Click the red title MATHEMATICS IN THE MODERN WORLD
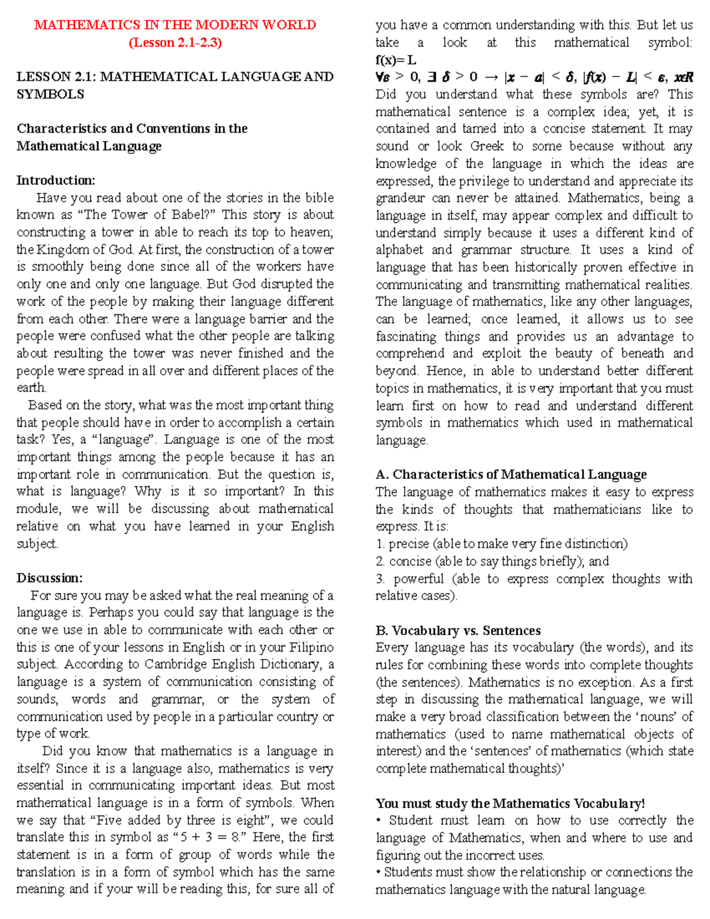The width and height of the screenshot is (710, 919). click(x=175, y=25)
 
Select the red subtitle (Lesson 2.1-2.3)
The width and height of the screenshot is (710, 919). click(x=175, y=43)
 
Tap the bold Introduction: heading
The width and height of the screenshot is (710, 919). click(x=56, y=180)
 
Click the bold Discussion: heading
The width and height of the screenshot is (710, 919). click(x=50, y=578)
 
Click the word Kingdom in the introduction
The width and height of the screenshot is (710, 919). click(x=62, y=250)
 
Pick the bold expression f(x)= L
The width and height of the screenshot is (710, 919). click(x=396, y=60)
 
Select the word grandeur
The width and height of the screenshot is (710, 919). click(x=400, y=198)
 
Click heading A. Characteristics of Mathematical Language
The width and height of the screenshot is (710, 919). click(x=511, y=475)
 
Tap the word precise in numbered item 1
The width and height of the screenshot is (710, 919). click(x=409, y=544)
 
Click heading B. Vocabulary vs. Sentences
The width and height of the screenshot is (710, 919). click(x=458, y=631)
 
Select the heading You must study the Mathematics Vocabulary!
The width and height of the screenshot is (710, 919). click(x=510, y=804)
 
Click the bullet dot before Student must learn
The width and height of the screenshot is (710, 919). click(x=379, y=821)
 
